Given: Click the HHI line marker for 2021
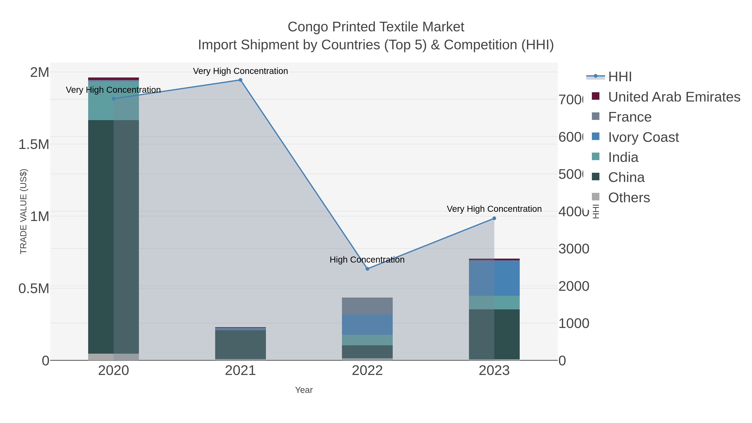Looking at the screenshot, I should [240, 80].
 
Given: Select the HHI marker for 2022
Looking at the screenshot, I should [367, 269].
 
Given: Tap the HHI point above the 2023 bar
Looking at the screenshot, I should [494, 218].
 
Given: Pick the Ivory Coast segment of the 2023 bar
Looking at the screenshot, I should [494, 278].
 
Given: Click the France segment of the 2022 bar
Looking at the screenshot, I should [367, 306].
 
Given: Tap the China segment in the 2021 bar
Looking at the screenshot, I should [240, 344].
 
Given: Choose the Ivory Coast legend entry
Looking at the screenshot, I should [643, 137].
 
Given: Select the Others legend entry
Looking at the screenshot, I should [629, 198].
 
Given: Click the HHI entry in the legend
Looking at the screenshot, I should [620, 77].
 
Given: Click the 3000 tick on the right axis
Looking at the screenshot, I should [574, 249].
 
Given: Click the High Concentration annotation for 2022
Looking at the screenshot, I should [367, 259].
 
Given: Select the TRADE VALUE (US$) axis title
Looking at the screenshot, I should [23, 211].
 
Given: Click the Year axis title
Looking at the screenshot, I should [304, 390].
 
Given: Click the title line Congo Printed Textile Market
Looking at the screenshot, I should [376, 27].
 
